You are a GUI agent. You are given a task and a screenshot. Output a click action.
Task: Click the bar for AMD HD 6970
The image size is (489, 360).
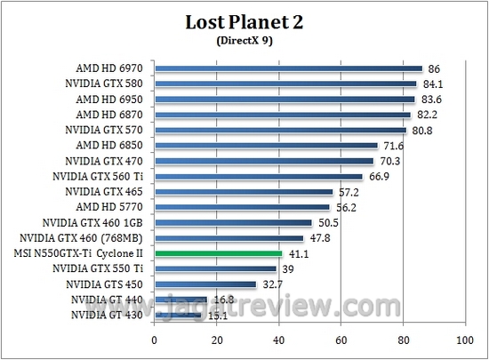[288, 68]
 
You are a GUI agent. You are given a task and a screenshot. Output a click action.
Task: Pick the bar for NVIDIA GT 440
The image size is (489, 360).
[181, 300]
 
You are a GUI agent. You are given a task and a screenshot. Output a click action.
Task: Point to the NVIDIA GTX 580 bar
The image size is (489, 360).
[285, 84]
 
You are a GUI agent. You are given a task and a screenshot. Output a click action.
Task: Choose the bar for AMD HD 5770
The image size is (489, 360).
[242, 207]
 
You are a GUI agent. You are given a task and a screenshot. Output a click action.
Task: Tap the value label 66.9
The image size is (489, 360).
[378, 176]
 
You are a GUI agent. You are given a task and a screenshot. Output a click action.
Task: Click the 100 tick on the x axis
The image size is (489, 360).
[464, 340]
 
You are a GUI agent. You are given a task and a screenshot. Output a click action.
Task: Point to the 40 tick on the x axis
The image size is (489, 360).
[278, 340]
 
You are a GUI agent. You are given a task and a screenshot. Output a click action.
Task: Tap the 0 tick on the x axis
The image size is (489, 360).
[155, 340]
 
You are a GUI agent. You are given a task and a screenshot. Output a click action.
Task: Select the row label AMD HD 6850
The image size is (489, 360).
[112, 145]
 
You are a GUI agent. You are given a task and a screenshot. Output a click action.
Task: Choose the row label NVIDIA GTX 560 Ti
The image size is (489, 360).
[101, 176]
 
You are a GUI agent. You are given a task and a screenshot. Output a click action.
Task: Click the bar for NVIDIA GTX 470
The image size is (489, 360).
[264, 161]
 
